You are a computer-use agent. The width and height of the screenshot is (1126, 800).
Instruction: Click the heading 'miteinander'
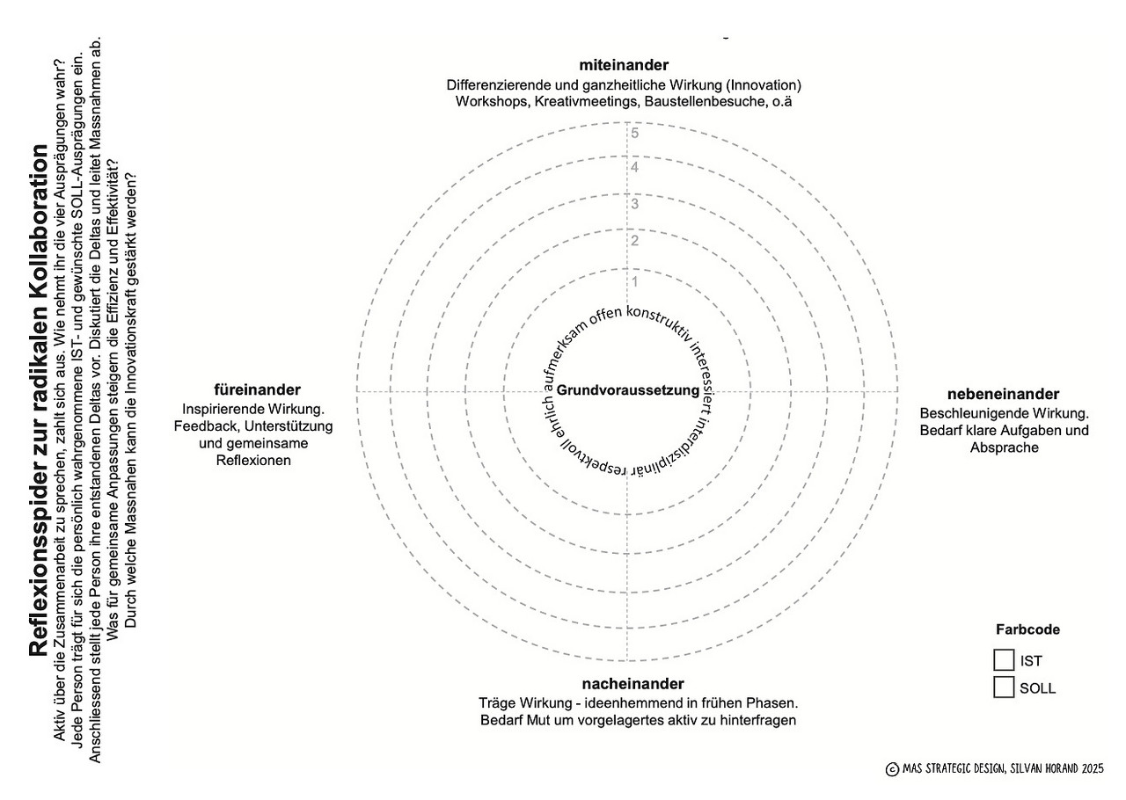(x=624, y=65)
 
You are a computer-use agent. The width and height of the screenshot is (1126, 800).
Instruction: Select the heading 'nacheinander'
(x=632, y=684)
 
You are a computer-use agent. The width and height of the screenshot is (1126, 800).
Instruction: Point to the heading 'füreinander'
(x=257, y=389)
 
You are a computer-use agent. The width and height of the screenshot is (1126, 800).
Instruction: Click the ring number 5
(x=634, y=134)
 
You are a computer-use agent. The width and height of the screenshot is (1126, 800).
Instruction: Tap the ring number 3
(x=634, y=205)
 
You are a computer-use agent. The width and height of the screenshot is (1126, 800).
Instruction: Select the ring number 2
(x=634, y=242)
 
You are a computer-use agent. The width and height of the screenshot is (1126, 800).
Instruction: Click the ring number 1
(x=634, y=282)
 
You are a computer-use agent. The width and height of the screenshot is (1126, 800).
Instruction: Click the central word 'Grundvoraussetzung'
(x=628, y=390)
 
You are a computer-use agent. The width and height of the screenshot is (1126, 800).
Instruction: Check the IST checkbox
(x=1004, y=660)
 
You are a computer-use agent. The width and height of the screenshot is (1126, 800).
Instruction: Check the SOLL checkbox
(x=1004, y=687)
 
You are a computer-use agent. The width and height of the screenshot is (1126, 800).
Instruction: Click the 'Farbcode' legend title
(x=1027, y=629)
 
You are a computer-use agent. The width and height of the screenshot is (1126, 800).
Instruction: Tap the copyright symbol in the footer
(x=892, y=769)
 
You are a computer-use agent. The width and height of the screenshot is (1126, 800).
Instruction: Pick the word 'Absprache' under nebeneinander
(x=1004, y=447)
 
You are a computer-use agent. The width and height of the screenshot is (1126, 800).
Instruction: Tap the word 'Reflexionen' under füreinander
(x=253, y=461)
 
